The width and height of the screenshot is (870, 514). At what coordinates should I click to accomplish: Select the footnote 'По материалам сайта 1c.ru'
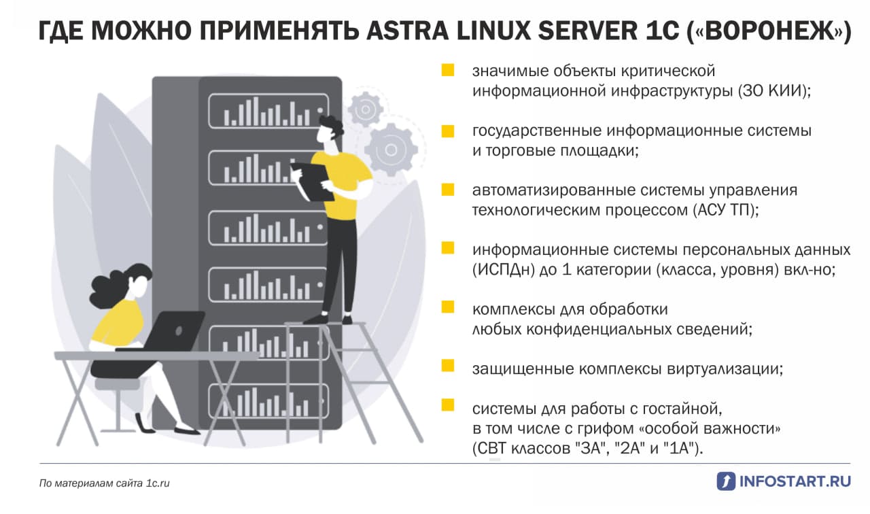pos(104,483)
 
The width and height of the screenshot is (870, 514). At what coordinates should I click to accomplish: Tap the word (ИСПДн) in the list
pos(502,269)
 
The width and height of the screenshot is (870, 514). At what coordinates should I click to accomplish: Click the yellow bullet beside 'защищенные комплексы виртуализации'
pos(447,366)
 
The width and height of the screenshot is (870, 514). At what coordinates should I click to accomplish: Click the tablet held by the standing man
pos(311,181)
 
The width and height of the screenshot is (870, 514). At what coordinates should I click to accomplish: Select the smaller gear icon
pos(365,107)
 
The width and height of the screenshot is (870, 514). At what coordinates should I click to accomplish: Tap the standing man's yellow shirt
pos(343,187)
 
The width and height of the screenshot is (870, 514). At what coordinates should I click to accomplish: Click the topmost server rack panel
pos(268,111)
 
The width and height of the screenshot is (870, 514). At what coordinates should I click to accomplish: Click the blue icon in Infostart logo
pos(727,481)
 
